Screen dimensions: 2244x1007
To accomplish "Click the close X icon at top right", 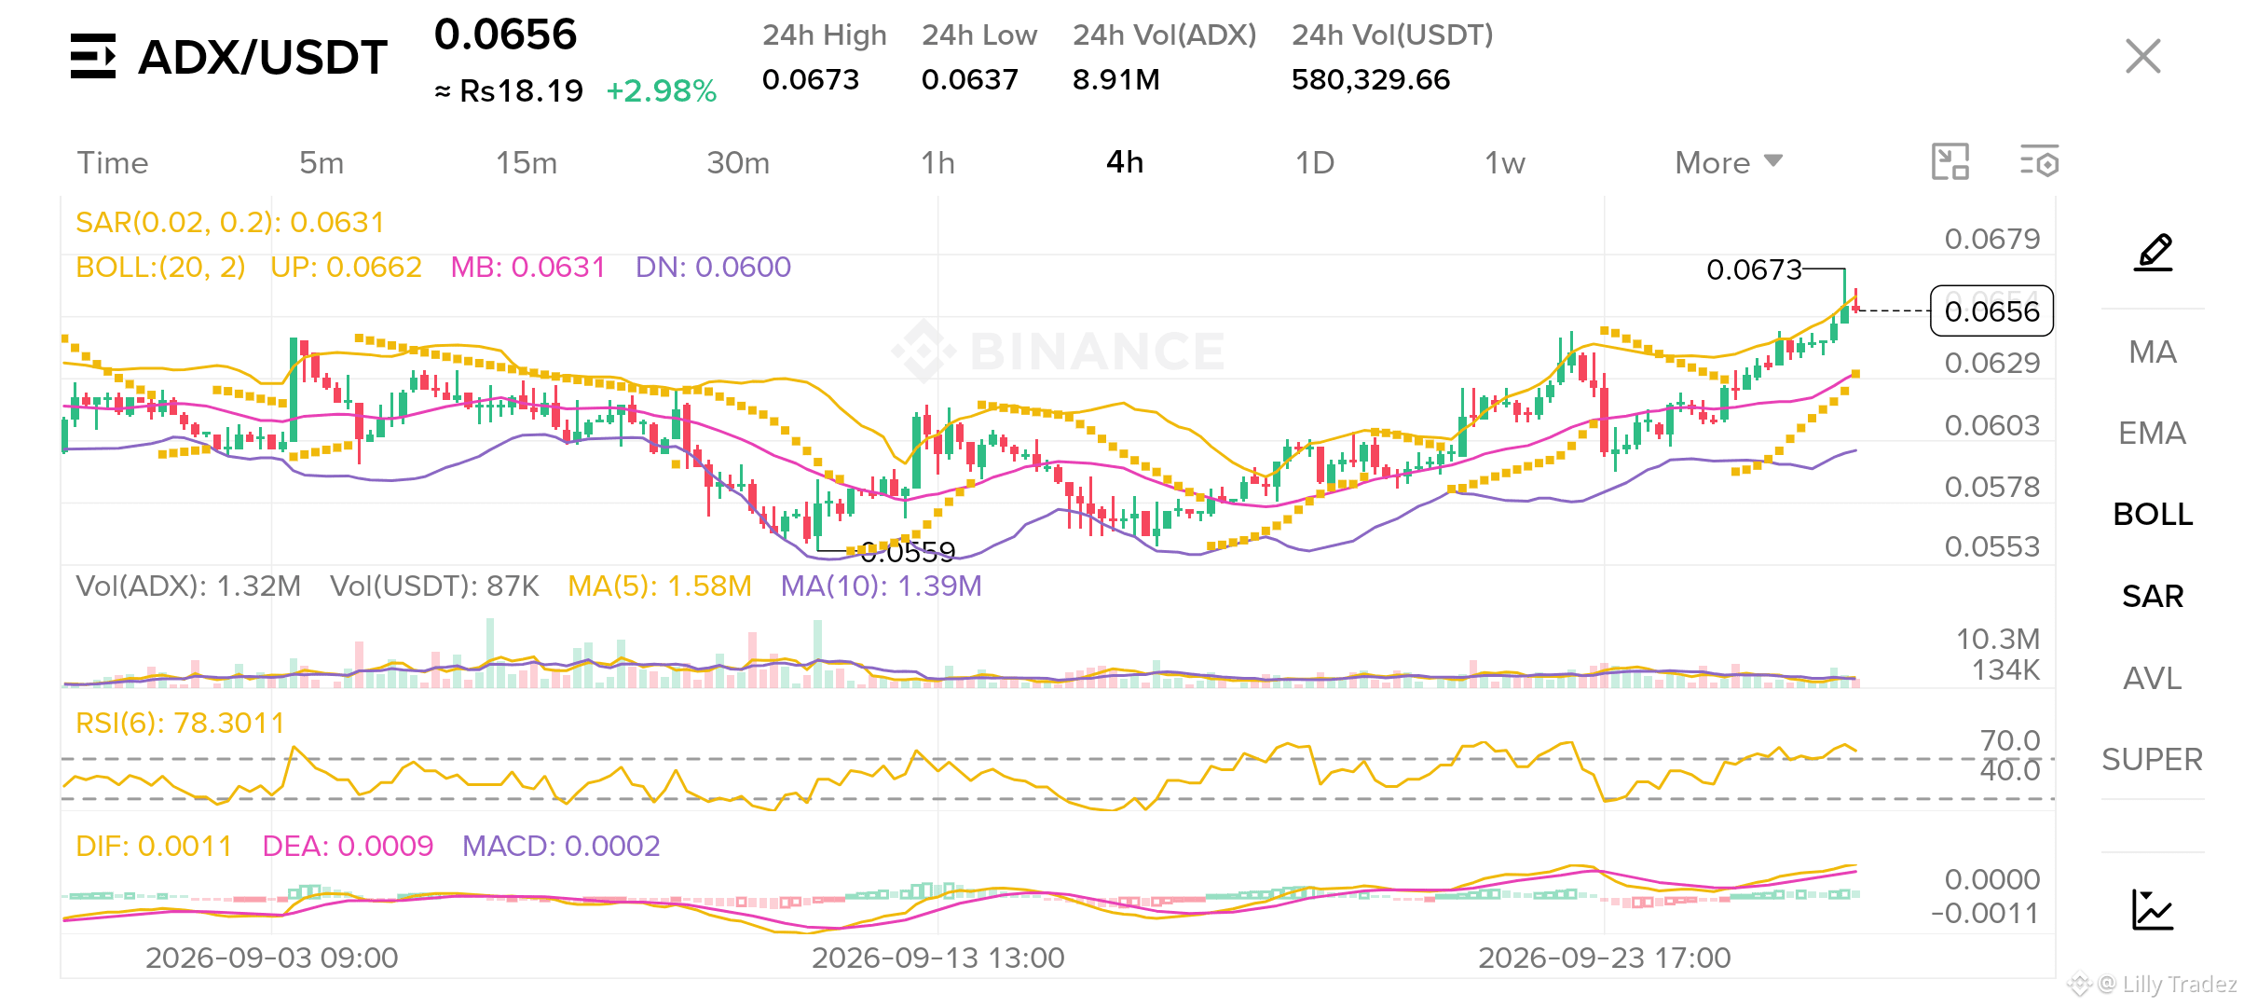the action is coord(2142,56).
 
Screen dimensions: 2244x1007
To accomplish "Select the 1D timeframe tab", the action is coord(1314,163).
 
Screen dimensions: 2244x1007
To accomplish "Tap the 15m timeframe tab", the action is coord(527,163).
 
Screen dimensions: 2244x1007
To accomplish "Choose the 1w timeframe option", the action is coord(1504,163).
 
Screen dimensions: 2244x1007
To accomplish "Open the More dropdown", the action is coord(1729,163).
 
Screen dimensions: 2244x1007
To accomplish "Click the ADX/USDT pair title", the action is coord(262,57).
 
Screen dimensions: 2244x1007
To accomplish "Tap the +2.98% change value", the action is coord(661,90).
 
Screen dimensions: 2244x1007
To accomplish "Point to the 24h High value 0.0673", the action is coord(811,79).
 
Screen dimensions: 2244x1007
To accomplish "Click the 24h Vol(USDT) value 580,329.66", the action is coord(1371,79).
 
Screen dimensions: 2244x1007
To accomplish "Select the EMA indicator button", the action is coord(2152,433).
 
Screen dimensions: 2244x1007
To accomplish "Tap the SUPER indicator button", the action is coord(2152,759).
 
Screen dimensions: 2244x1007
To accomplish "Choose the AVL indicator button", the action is coord(2152,678).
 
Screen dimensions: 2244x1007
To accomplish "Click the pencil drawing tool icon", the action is coord(2154,253).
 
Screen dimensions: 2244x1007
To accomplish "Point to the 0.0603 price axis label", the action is coord(1991,425).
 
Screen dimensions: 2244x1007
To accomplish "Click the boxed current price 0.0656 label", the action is coord(1992,310).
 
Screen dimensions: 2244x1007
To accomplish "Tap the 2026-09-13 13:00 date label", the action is coord(937,958).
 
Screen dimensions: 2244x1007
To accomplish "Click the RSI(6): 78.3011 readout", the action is coord(180,723).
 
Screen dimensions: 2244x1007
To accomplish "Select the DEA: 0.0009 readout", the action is coord(348,846).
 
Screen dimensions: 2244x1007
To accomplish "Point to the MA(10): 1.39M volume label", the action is coord(881,586).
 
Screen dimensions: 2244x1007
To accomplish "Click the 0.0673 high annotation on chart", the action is coord(1754,269).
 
